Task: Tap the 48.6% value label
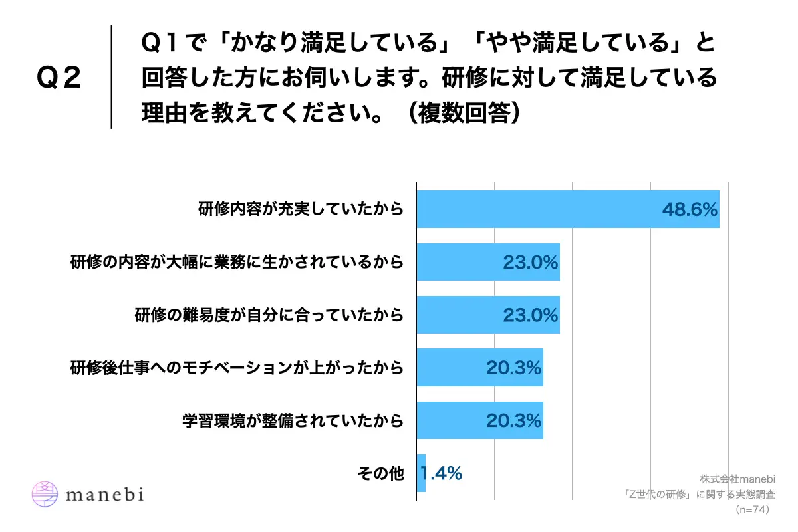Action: pyautogui.click(x=690, y=209)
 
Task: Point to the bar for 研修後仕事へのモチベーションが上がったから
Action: pyautogui.click(x=479, y=367)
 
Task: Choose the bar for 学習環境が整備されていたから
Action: pyautogui.click(x=479, y=420)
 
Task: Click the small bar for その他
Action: pyautogui.click(x=421, y=473)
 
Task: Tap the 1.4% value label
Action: pyautogui.click(x=442, y=473)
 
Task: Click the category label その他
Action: pyautogui.click(x=380, y=473)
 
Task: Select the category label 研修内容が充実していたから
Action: pyautogui.click(x=301, y=209)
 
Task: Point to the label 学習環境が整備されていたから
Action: pyautogui.click(x=293, y=420)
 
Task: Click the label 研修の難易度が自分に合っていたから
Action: pyautogui.click(x=269, y=315)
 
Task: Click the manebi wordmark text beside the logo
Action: pyautogui.click(x=105, y=494)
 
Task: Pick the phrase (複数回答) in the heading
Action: pyautogui.click(x=464, y=114)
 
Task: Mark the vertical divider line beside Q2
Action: pyautogui.click(x=111, y=77)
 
